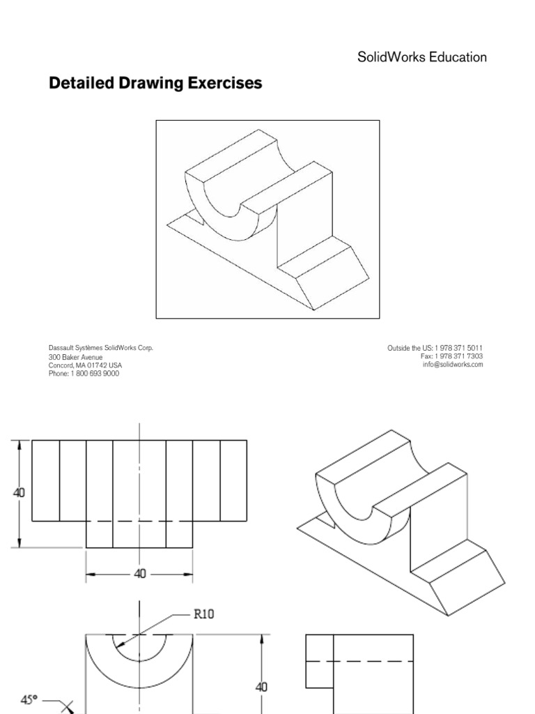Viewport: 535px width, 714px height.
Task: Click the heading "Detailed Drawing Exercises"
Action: [x=155, y=84]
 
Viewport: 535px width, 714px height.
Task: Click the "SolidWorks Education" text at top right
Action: [x=421, y=57]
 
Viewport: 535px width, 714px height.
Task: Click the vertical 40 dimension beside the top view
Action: [x=20, y=492]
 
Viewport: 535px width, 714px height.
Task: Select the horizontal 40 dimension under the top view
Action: [x=139, y=574]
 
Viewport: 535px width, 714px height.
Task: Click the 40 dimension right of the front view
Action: [x=261, y=687]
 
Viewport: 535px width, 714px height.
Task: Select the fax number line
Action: [x=451, y=356]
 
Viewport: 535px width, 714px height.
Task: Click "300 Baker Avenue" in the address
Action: [x=75, y=356]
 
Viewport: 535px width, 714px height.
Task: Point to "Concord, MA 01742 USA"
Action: [x=85, y=365]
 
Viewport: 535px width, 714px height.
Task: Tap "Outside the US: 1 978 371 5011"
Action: [x=435, y=347]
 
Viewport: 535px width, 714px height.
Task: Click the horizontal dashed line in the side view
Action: [x=360, y=660]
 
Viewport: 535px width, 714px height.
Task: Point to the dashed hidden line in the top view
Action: [x=139, y=522]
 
